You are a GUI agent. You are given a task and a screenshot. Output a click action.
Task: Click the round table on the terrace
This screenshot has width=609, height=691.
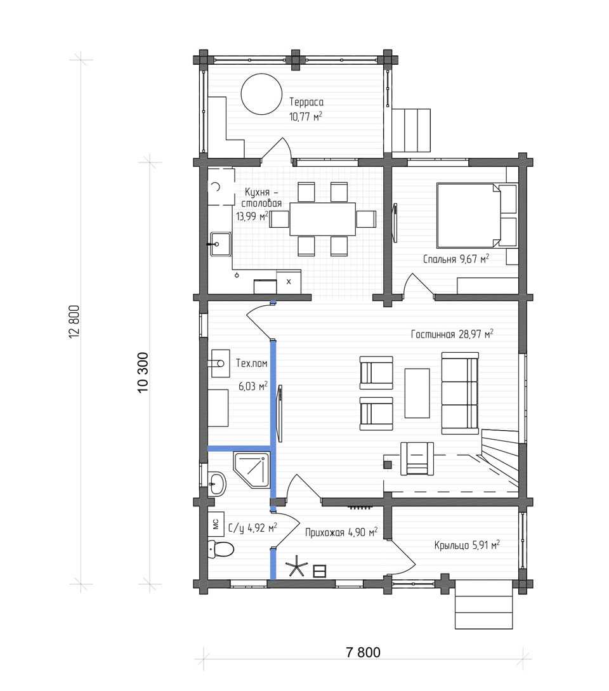click(261, 94)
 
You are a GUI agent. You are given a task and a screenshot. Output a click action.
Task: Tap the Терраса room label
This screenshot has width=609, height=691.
click(306, 102)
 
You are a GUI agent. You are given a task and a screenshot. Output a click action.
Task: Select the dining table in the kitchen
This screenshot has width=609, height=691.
click(322, 219)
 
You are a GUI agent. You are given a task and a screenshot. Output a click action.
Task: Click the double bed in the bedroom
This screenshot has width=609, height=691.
click(477, 216)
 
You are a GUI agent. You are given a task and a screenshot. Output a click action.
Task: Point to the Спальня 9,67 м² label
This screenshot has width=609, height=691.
click(456, 259)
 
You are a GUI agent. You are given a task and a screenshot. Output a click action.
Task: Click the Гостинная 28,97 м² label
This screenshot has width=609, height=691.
click(452, 334)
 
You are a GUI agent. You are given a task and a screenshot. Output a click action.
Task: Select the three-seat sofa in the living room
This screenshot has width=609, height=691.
click(460, 393)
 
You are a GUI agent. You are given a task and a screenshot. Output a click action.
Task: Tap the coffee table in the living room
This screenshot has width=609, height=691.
click(417, 393)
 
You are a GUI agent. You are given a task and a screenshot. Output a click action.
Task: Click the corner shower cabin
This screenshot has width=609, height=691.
click(251, 470)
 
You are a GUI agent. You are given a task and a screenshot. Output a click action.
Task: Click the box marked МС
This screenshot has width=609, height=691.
click(216, 524)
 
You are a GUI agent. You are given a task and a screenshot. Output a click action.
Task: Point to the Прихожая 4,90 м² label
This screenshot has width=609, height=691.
click(341, 532)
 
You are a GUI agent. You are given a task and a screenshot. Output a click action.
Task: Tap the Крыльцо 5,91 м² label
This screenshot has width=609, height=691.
click(467, 545)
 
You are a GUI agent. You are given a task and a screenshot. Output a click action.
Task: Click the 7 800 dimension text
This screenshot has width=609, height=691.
click(363, 652)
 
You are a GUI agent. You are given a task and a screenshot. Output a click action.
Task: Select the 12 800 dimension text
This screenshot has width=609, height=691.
click(74, 322)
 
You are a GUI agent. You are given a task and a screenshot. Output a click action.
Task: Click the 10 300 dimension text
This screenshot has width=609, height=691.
click(143, 372)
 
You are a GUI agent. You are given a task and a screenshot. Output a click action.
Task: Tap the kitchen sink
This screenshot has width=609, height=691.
click(219, 244)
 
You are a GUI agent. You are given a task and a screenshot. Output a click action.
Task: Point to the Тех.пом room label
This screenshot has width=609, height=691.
click(252, 363)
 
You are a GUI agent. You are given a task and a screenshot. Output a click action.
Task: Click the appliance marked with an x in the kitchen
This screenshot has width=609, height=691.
click(289, 282)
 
